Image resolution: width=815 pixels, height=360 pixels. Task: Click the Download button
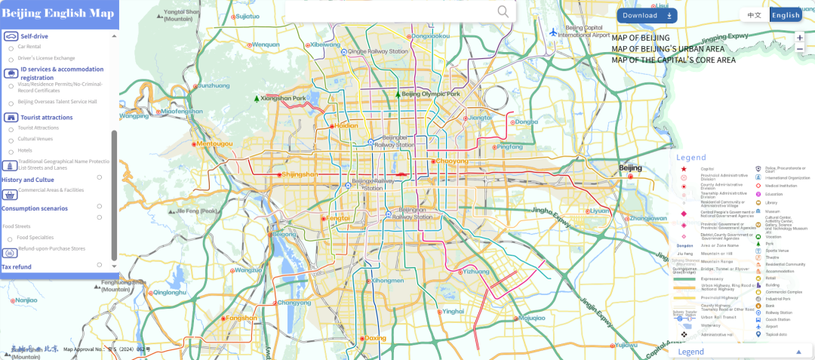[647, 15]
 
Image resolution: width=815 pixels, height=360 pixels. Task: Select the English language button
[786, 15]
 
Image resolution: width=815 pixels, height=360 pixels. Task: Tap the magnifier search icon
[503, 11]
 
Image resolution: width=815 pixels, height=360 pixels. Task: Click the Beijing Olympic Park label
[430, 94]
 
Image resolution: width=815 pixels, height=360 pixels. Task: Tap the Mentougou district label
[214, 143]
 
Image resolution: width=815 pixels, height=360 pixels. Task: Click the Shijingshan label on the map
[299, 174]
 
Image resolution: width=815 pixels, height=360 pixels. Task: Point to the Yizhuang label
[475, 271]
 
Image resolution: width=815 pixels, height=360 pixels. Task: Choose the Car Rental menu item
[29, 47]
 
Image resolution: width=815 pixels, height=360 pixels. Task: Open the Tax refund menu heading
[17, 266]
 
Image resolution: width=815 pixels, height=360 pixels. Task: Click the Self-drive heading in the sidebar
[34, 35]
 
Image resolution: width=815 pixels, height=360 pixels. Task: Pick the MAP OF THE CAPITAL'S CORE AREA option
[673, 60]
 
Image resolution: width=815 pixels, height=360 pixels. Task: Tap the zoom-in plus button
[800, 37]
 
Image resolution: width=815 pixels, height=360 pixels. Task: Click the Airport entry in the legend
[770, 326]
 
